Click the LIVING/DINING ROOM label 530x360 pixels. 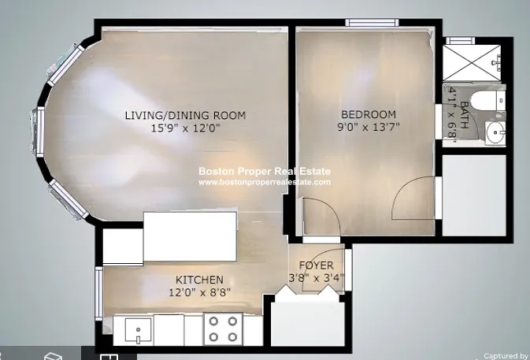[185, 115]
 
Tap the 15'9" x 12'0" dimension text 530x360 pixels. [185, 128]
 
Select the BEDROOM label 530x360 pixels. [369, 114]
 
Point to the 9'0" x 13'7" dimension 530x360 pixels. [369, 127]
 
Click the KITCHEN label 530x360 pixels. [199, 280]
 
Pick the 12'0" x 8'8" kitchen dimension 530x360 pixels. [199, 292]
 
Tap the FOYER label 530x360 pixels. [317, 265]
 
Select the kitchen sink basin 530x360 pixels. [139, 330]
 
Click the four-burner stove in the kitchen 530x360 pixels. [223, 329]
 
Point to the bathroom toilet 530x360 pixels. [487, 100]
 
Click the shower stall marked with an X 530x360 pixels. [471, 62]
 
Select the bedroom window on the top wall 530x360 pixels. [372, 23]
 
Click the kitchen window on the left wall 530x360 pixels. [98, 293]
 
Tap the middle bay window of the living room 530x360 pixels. [40, 131]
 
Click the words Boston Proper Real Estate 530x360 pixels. [265, 172]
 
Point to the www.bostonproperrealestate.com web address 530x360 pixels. [265, 182]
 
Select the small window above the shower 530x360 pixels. [461, 40]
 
